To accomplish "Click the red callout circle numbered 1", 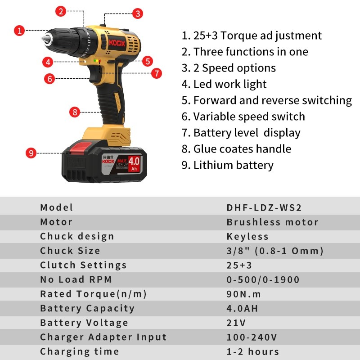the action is [x=19, y=31].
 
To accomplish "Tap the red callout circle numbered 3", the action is [x=138, y=13].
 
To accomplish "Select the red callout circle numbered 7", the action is [x=157, y=73].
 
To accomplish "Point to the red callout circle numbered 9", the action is [x=31, y=153].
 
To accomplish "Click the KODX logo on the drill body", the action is [x=117, y=43].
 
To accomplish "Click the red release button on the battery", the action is [x=81, y=148].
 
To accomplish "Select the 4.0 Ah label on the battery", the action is [x=134, y=164].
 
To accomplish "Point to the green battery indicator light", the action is [x=94, y=61].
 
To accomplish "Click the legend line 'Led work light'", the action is [x=224, y=84].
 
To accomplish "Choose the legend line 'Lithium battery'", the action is [x=228, y=165].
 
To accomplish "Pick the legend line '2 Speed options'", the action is [x=229, y=68].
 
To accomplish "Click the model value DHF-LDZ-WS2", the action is [x=264, y=207].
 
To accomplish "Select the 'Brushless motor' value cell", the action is [x=273, y=222].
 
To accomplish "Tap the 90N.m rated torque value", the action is [x=244, y=294].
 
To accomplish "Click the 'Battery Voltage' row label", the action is [x=84, y=323].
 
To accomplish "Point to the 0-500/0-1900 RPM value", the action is [x=263, y=279].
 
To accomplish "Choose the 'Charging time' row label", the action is [x=80, y=352].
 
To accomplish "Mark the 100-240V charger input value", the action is [x=252, y=337].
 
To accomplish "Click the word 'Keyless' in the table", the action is [x=247, y=237].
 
